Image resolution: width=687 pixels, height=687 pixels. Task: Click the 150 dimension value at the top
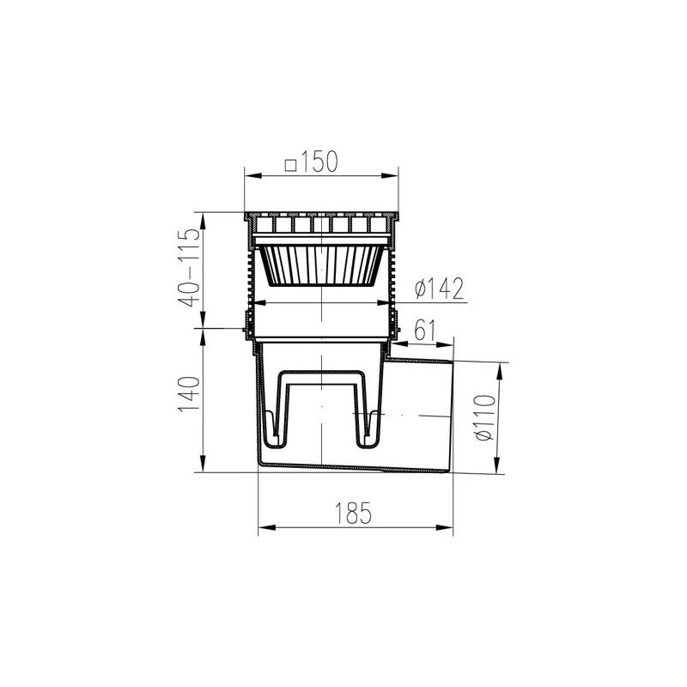320,162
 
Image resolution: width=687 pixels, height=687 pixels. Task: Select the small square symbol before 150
289,162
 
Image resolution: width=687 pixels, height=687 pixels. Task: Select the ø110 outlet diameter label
487,417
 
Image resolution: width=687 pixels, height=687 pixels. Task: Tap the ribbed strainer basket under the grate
322,264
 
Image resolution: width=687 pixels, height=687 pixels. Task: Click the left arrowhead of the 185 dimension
263,528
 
